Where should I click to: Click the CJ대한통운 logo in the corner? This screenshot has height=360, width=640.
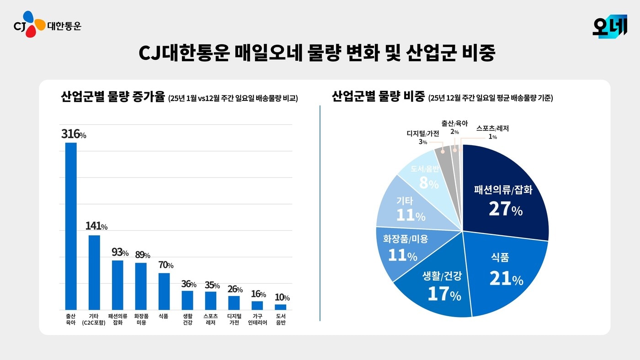47,25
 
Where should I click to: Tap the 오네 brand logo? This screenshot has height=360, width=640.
609,26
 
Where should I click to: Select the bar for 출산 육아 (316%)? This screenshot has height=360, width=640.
71,226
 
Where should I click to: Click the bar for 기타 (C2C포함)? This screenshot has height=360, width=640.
94,272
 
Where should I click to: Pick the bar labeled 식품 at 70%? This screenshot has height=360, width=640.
164,291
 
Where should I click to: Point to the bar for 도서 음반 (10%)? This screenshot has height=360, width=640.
281,307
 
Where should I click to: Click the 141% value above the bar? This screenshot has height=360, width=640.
96,226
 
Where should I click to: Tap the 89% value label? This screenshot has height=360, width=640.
142,255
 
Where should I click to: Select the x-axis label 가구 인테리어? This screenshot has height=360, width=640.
257,319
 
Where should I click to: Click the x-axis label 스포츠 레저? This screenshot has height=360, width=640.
211,319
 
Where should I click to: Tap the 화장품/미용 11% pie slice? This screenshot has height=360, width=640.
402,249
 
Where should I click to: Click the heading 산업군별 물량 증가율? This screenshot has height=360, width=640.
112,97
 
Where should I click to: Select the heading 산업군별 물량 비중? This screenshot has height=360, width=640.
378,97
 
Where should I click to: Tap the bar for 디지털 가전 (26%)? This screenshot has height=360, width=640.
234,303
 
